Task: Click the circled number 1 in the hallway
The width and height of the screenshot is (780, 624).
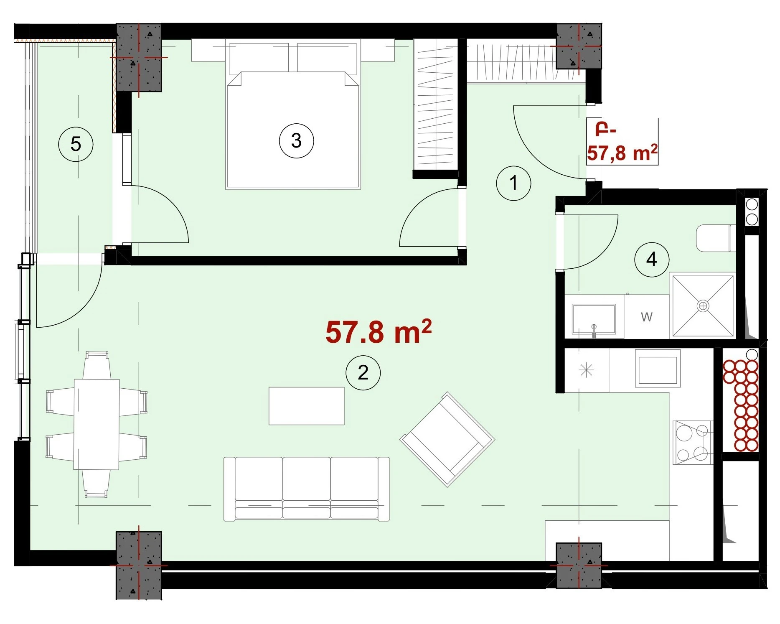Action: point(513,183)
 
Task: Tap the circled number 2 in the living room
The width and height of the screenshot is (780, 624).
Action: point(363,372)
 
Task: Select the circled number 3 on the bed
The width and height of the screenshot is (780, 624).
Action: point(296,140)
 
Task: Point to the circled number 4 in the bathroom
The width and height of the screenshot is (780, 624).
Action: point(652,260)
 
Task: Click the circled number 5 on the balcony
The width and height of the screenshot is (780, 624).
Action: point(76,144)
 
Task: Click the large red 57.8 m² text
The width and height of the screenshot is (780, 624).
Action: point(379,332)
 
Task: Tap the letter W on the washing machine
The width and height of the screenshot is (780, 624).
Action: point(646,317)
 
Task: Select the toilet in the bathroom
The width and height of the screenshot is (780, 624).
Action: point(716,238)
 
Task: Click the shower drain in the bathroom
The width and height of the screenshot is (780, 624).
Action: point(703,306)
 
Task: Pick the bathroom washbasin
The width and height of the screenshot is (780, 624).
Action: point(594,319)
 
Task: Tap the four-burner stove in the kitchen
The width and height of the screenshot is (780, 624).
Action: point(692,443)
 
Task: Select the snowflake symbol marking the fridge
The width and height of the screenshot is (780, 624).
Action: point(586,370)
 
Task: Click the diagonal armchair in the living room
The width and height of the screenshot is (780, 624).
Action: point(447,439)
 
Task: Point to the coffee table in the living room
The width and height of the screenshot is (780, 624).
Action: point(306,406)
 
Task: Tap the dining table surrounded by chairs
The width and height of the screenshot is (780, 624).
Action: point(97,424)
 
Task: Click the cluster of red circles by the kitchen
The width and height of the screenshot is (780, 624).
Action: point(740,405)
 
